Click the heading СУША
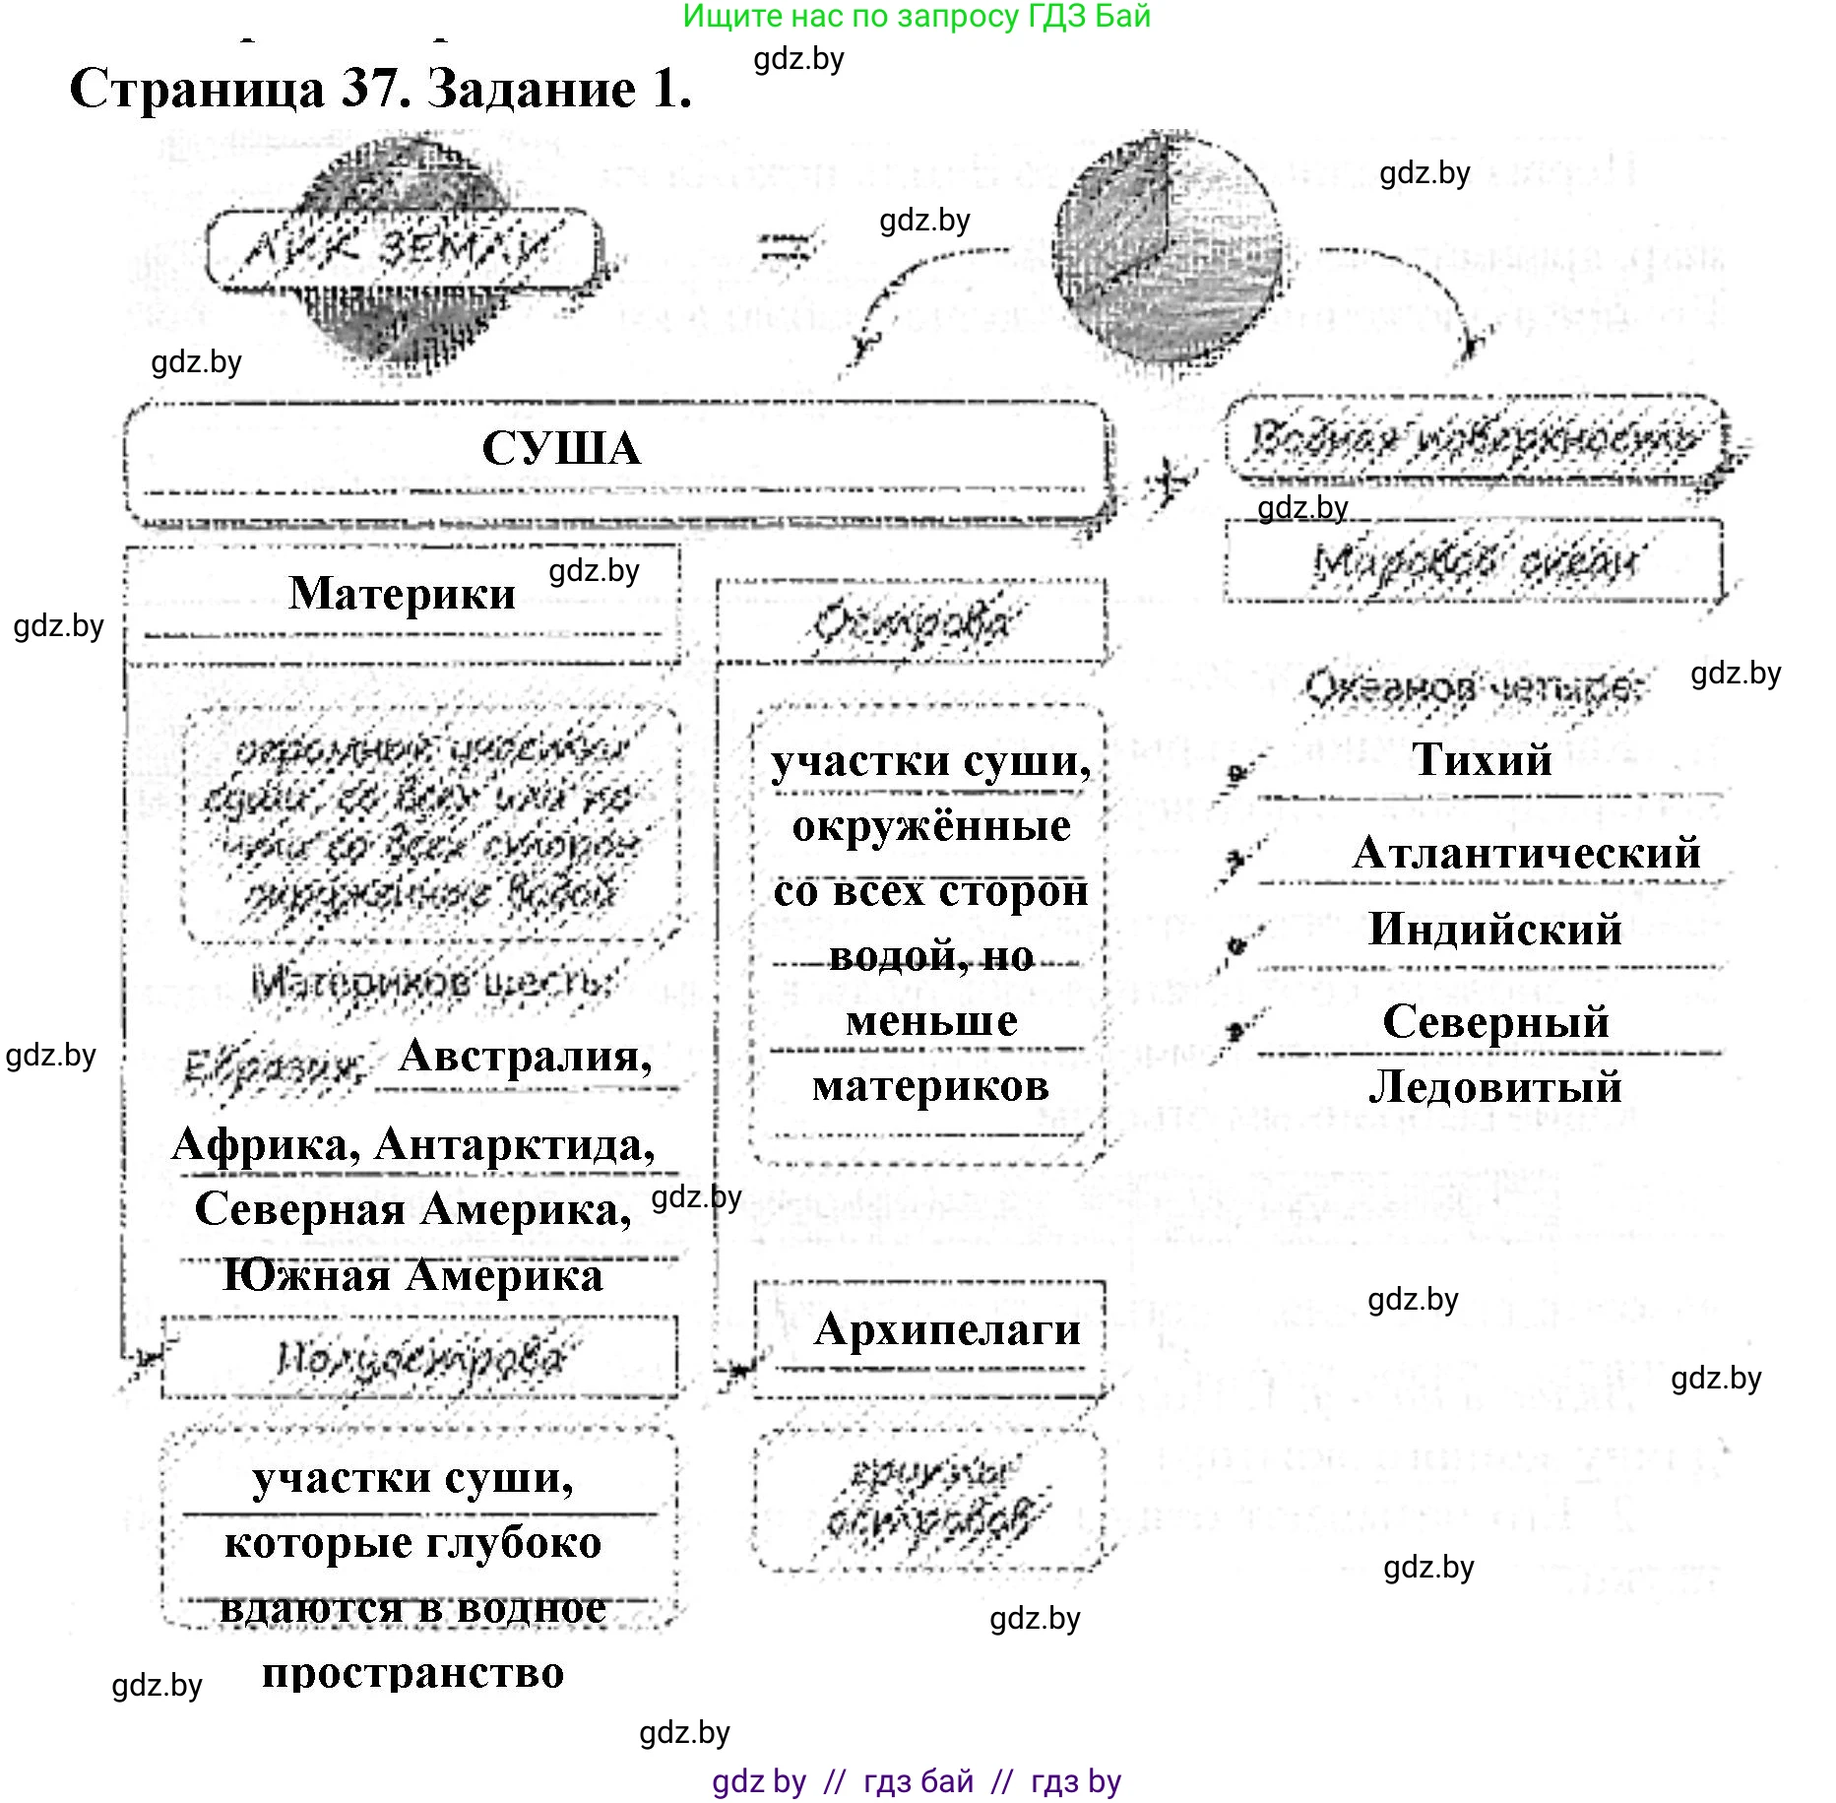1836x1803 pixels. (561, 449)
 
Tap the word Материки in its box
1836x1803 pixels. (402, 594)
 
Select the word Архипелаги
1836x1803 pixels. (947, 1329)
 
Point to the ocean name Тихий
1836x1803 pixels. (1482, 759)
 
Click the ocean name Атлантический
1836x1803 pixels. (1527, 853)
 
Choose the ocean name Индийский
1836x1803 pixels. (1494, 930)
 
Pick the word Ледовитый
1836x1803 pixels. (1494, 1087)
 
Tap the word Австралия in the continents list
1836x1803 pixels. (525, 1057)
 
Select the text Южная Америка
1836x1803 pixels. (412, 1276)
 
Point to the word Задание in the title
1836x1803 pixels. (532, 90)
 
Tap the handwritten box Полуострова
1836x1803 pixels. (420, 1359)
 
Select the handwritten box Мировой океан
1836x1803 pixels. (1474, 562)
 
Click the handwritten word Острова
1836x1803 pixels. (911, 622)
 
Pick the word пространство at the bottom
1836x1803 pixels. (412, 1672)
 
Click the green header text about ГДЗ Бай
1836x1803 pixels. (916, 17)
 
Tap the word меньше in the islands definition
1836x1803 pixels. (931, 1021)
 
